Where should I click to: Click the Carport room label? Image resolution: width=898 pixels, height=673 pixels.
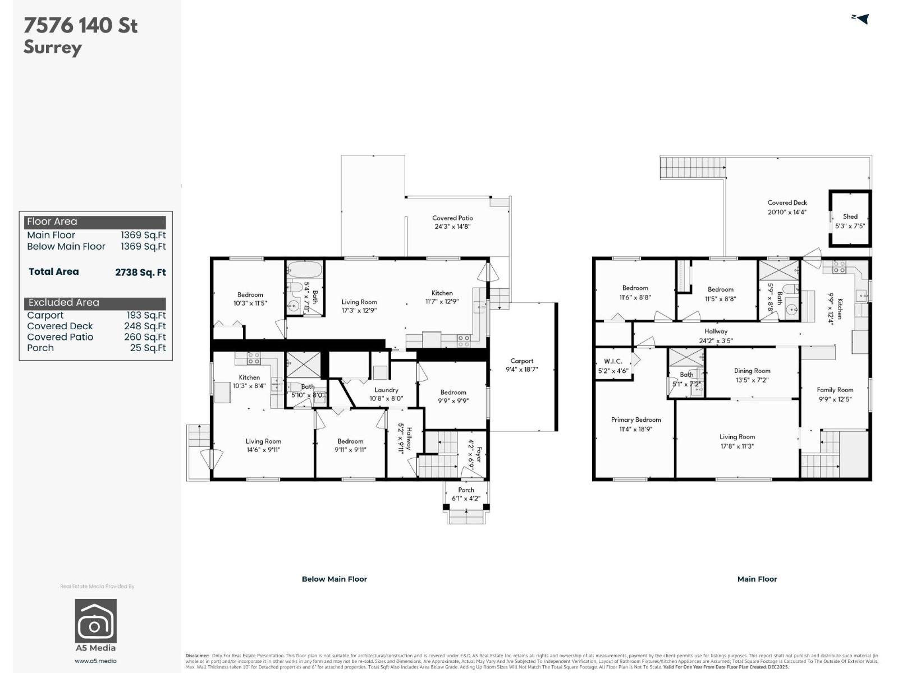click(x=521, y=361)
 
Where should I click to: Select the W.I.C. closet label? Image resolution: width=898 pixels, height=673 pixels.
click(x=613, y=361)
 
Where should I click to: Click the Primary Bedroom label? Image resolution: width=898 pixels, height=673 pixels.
click(x=635, y=420)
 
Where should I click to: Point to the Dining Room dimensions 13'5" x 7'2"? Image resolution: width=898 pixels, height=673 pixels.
click(x=752, y=380)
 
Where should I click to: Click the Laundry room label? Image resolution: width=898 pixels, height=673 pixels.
click(x=386, y=390)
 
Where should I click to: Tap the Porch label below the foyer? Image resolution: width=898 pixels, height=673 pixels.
click(x=466, y=490)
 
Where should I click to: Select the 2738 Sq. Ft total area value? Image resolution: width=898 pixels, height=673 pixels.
click(x=140, y=273)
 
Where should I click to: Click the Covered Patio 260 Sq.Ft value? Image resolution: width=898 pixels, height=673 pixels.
click(x=145, y=337)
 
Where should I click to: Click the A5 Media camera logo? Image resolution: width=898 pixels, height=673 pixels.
click(x=96, y=620)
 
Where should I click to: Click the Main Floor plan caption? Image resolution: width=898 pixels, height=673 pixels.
click(x=757, y=579)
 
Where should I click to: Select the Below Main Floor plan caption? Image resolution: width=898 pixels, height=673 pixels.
click(x=334, y=579)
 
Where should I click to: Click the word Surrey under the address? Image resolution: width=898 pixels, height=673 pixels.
click(x=53, y=47)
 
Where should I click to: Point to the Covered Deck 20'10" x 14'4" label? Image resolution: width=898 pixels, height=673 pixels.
click(x=787, y=208)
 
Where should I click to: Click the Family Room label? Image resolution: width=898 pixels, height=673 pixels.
click(x=835, y=390)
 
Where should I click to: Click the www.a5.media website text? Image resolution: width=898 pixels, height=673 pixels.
click(x=95, y=661)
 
